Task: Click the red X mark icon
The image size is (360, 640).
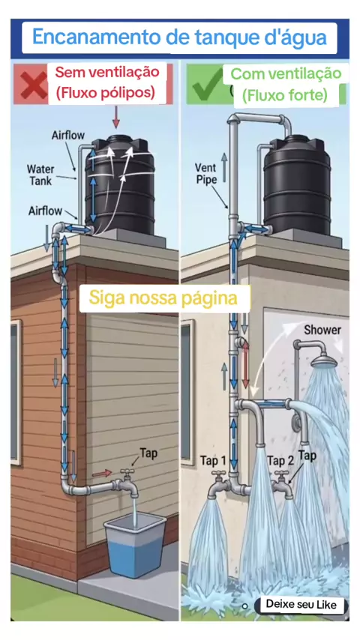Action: [x=34, y=85]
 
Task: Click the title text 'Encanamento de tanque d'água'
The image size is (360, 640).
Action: [x=179, y=37]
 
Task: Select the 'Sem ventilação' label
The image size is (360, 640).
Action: [x=107, y=72]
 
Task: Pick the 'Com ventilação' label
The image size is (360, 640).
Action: [x=286, y=74]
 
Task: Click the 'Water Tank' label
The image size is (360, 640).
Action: [x=40, y=175]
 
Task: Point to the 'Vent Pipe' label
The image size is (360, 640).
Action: [x=205, y=173]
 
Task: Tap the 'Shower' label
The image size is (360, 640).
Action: [x=322, y=330]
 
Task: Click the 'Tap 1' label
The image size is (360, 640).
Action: [x=213, y=461]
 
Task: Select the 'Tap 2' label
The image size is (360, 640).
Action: [x=280, y=461]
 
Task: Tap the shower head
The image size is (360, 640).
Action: [x=324, y=361]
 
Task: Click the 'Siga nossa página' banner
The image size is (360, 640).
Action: [x=163, y=298]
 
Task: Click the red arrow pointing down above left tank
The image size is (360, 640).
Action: [x=116, y=117]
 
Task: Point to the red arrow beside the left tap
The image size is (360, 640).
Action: [x=102, y=473]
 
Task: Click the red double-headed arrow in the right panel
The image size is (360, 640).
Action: [x=245, y=364]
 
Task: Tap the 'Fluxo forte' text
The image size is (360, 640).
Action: [x=285, y=96]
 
